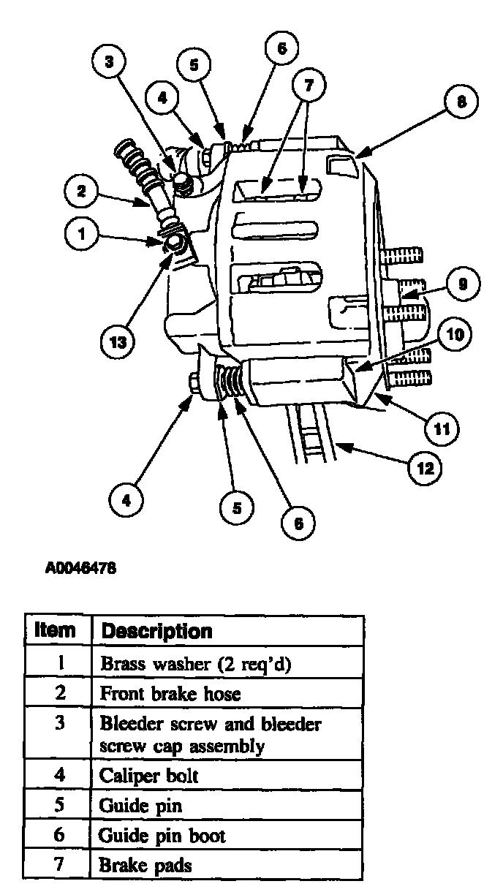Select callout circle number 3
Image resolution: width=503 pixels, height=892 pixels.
pyautogui.click(x=109, y=62)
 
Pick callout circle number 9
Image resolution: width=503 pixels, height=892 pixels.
pyautogui.click(x=461, y=284)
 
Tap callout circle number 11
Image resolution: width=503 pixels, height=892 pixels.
pyautogui.click(x=442, y=426)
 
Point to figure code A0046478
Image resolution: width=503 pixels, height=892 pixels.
pyautogui.click(x=80, y=567)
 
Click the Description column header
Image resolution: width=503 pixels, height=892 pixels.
pyautogui.click(x=156, y=630)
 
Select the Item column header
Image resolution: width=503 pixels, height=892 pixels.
pyautogui.click(x=56, y=630)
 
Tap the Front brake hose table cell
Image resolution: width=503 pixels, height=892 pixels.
pyautogui.click(x=170, y=692)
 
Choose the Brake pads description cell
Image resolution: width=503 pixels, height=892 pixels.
pyautogui.click(x=145, y=865)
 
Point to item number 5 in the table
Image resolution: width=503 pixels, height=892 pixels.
pyautogui.click(x=61, y=806)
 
